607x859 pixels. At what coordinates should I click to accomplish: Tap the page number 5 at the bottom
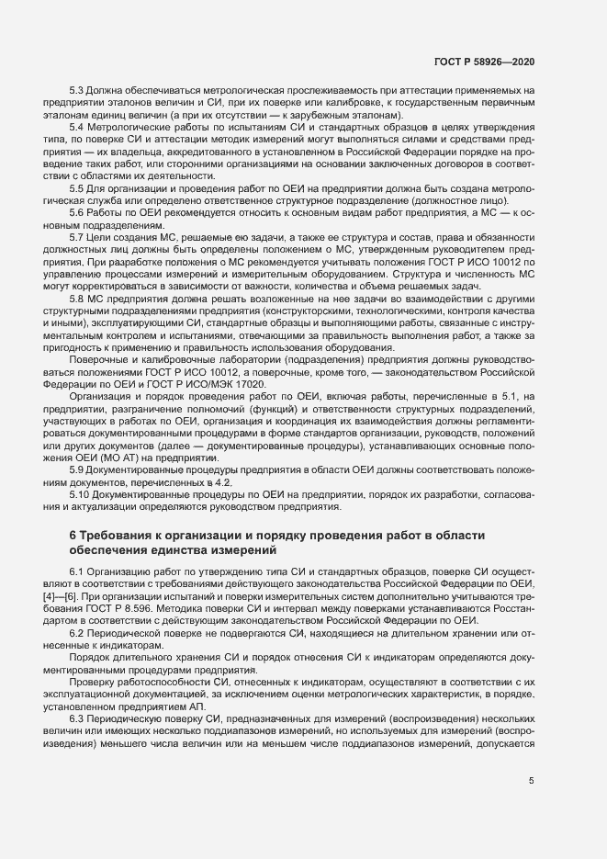coord(531,781)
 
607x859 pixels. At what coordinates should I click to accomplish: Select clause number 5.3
coord(78,90)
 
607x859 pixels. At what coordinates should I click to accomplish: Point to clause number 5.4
coord(78,126)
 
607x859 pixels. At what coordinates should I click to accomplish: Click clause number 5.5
coord(78,187)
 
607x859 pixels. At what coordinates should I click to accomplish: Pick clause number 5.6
coord(78,211)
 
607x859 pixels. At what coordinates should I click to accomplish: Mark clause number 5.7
coord(78,236)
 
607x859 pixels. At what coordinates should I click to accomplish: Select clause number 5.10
coord(81,493)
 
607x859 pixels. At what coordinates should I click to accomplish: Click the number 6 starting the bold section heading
coord(73,536)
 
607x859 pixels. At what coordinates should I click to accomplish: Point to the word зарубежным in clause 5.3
coord(311,114)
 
